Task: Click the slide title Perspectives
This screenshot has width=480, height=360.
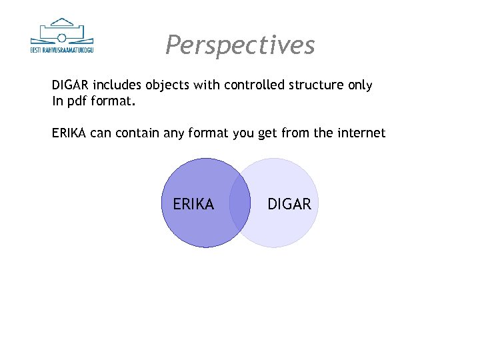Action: point(240,45)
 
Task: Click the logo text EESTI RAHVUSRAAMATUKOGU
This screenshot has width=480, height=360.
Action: point(63,49)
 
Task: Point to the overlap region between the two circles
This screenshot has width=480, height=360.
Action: point(239,203)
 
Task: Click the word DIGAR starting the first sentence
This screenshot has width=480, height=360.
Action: point(71,85)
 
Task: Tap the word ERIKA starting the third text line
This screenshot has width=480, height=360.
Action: point(69,133)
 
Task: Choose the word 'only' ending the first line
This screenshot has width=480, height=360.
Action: point(359,85)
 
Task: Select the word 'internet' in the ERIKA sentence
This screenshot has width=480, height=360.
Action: point(361,133)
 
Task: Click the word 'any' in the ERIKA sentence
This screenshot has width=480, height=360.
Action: point(174,133)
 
